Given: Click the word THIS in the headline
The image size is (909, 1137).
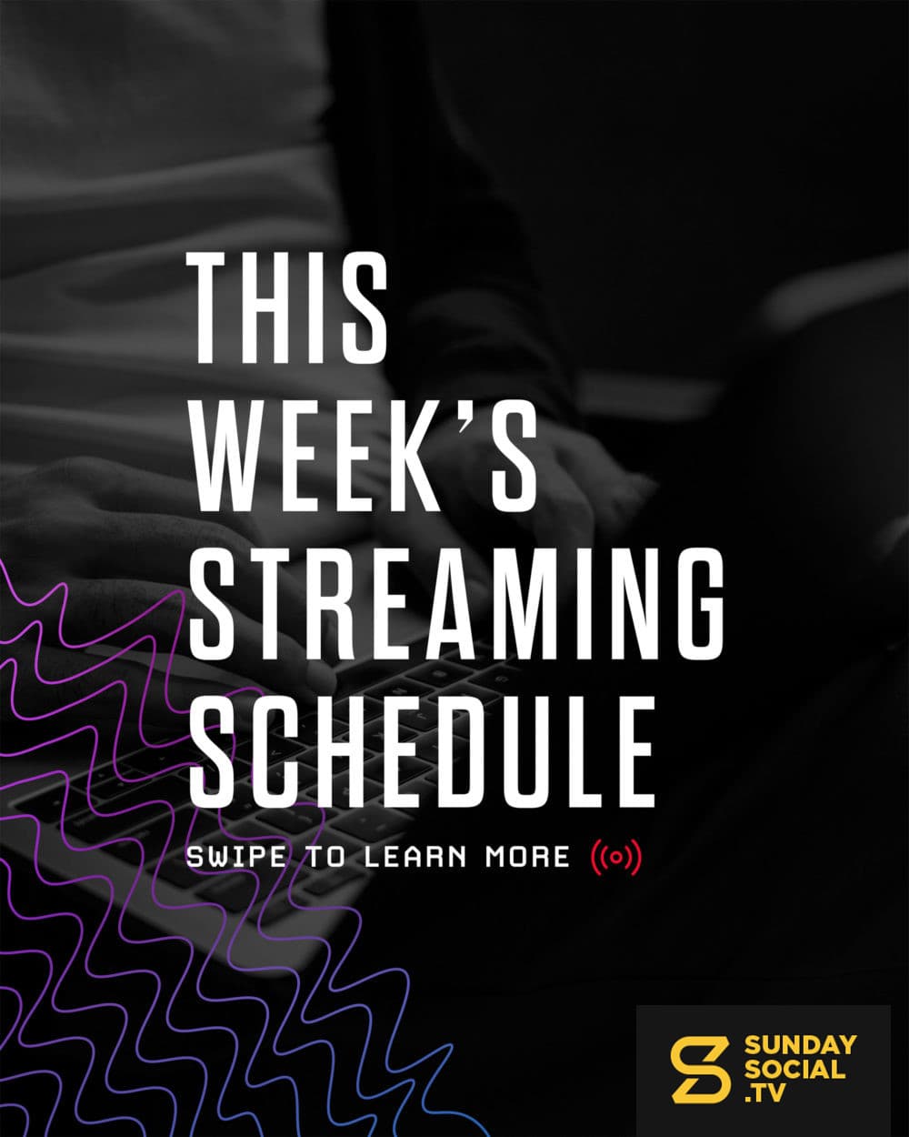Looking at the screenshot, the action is (x=288, y=308).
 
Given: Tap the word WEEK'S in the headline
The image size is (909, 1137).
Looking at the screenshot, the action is (x=364, y=455).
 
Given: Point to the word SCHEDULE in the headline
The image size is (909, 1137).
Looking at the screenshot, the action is (x=422, y=750).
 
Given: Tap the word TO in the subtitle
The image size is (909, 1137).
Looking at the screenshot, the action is (x=326, y=858).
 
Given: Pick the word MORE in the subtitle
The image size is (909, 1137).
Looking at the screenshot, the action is (x=527, y=858).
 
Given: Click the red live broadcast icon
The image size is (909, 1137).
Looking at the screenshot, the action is (x=616, y=859).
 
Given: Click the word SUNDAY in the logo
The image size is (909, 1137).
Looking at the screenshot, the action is (x=800, y=1044).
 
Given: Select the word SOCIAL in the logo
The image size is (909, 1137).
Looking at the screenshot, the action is (x=794, y=1070).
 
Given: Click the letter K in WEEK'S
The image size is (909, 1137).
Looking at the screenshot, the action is (x=423, y=455).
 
